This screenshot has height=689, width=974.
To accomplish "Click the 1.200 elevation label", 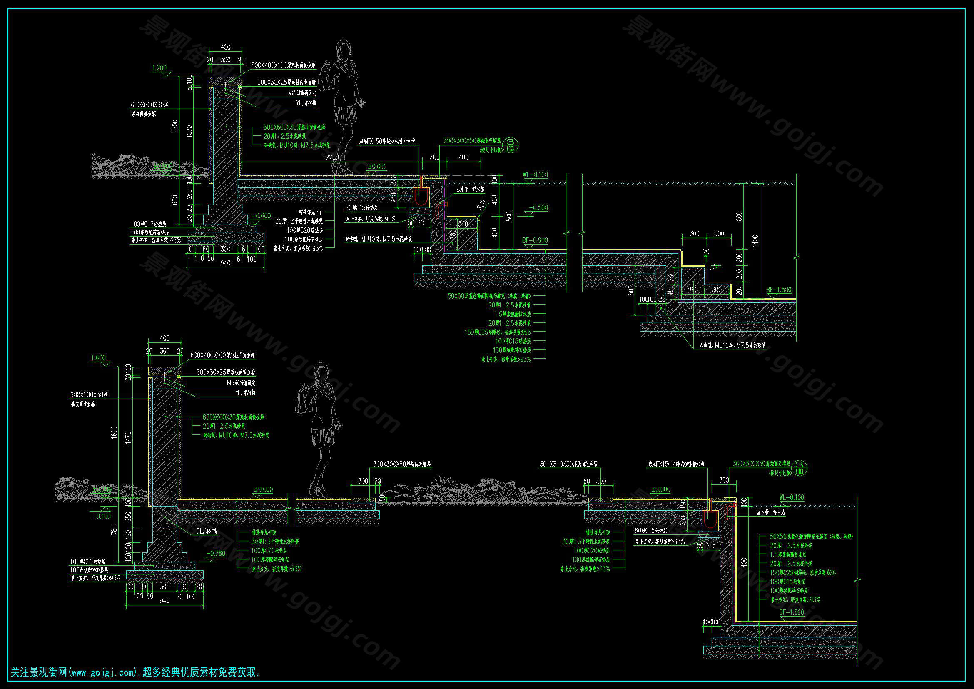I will (x=159, y=68).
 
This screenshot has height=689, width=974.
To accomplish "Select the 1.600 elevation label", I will (x=98, y=358).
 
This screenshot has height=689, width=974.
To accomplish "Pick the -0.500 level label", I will (x=539, y=207).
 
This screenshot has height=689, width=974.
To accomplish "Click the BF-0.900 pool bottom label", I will (x=535, y=240).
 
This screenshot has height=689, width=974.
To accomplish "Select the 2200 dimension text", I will (x=332, y=157).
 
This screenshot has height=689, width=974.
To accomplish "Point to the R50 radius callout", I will (x=481, y=205).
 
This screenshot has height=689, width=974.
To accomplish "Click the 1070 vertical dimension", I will (x=189, y=131).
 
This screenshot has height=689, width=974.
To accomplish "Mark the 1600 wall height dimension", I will (x=114, y=433).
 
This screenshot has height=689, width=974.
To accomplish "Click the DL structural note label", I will (x=207, y=531).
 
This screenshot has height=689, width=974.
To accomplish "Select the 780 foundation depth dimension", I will (x=114, y=530).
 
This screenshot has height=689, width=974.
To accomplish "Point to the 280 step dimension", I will (x=693, y=290).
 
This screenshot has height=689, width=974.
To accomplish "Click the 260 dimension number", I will (x=189, y=194).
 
